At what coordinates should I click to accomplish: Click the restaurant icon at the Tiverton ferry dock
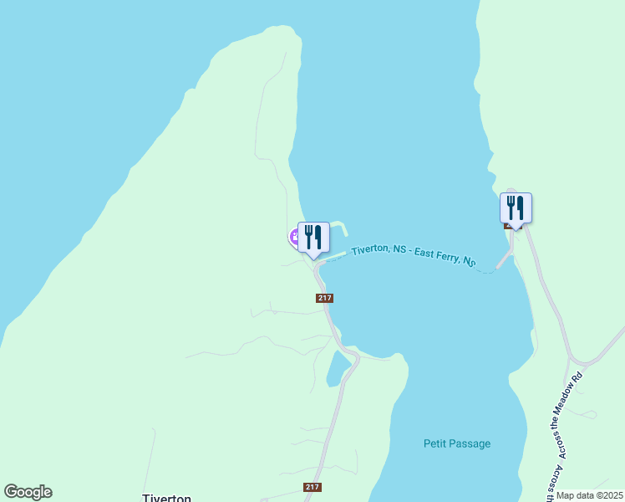tap(313, 238)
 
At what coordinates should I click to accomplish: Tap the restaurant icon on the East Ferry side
tap(516, 207)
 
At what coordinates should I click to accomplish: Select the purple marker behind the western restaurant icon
tap(294, 238)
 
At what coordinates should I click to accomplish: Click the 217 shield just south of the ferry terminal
tap(325, 298)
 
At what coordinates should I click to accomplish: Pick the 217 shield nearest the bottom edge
tap(312, 487)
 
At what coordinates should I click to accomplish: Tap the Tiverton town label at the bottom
tap(167, 497)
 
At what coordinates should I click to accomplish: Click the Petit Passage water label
tap(456, 444)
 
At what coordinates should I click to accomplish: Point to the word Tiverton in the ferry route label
tap(371, 249)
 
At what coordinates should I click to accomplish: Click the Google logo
tap(28, 492)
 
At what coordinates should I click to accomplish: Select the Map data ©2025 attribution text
tap(589, 495)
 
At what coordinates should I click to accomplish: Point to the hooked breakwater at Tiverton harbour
tap(341, 228)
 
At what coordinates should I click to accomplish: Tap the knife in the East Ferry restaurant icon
tap(521, 207)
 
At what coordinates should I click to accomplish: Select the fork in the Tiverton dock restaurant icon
tap(308, 237)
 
